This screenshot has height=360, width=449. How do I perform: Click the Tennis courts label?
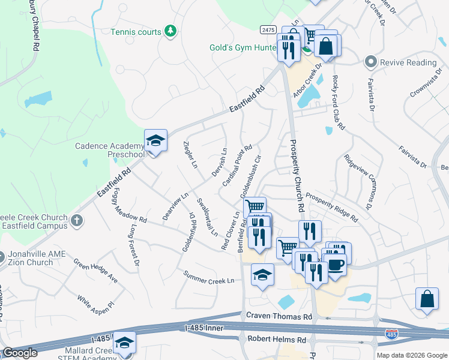pyautogui.click(x=136, y=32)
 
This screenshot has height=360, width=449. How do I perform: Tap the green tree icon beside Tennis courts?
pyautogui.click(x=170, y=31)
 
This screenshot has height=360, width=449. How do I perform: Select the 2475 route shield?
pyautogui.click(x=268, y=29)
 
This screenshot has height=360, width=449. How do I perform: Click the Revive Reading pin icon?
pyautogui.click(x=370, y=62)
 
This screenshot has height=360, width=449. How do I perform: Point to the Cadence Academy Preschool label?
pyautogui.click(x=109, y=150)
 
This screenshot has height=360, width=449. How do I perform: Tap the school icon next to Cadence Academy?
pyautogui.click(x=155, y=141)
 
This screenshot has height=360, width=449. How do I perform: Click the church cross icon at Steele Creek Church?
pyautogui.click(x=76, y=221)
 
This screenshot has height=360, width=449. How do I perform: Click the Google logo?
pyautogui.click(x=20, y=353)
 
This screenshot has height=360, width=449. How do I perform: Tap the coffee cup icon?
pyautogui.click(x=335, y=263)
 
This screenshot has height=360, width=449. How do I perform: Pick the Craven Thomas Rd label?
pyautogui.click(x=279, y=316)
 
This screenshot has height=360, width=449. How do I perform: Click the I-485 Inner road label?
pyautogui.click(x=205, y=328)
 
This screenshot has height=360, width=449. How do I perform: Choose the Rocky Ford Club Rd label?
pyautogui.click(x=337, y=101)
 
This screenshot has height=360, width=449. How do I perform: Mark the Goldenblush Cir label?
pyautogui.click(x=251, y=178)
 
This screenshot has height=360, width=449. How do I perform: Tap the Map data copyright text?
pyautogui.click(x=411, y=355)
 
